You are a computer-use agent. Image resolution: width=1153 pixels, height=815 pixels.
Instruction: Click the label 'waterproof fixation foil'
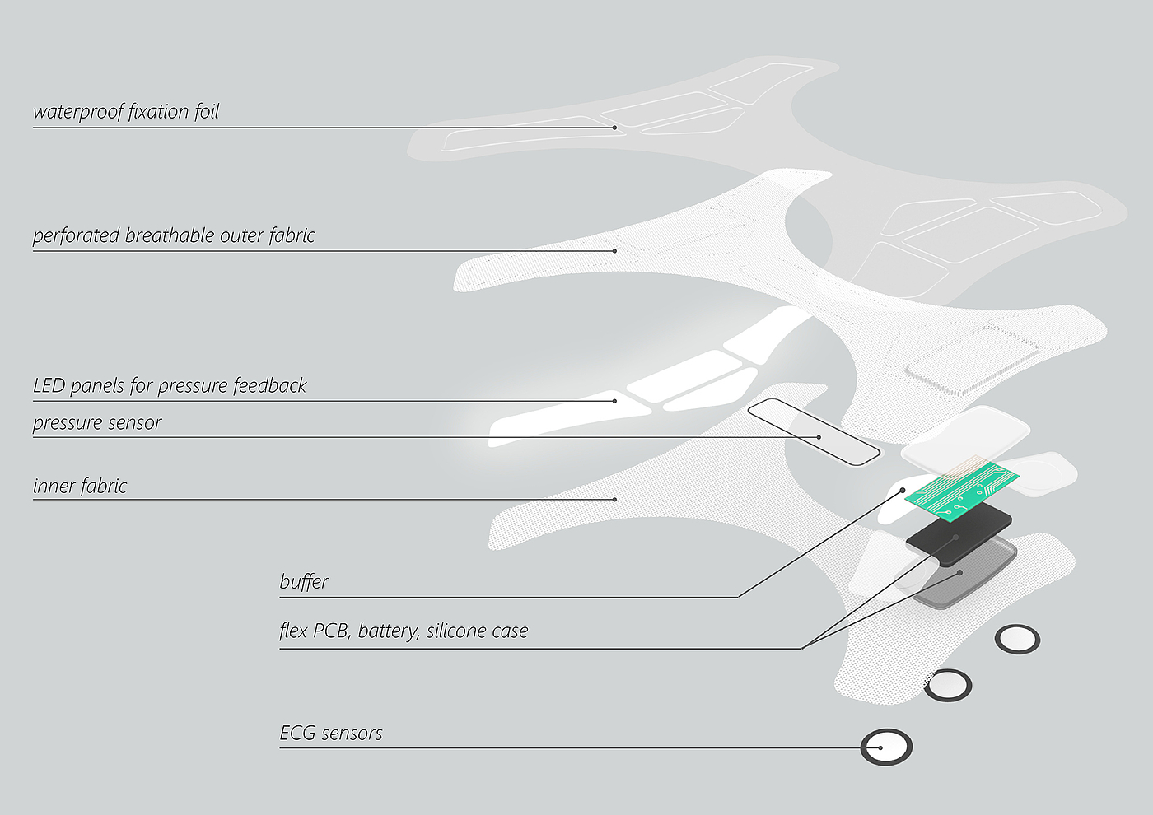[x=126, y=112]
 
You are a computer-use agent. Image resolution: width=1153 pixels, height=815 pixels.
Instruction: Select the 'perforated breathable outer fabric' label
[x=174, y=236]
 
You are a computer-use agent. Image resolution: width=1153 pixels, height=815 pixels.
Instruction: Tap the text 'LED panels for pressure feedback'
[x=170, y=386]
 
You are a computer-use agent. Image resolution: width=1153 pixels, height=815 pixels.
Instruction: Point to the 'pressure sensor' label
[x=97, y=423]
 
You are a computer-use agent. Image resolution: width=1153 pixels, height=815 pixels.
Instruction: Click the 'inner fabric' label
[x=80, y=487]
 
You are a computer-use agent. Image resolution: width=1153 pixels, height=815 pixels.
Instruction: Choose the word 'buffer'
[x=304, y=582]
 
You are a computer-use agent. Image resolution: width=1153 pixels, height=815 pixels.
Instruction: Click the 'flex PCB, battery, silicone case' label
[x=404, y=631]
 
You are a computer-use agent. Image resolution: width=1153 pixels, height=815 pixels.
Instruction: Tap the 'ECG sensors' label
[x=331, y=733]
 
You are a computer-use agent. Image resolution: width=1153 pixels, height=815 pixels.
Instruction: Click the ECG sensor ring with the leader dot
[x=886, y=747]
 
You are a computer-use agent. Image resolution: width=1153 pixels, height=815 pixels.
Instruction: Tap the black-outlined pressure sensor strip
[x=814, y=431]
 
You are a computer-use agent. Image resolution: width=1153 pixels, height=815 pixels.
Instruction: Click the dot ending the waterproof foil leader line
[x=614, y=128]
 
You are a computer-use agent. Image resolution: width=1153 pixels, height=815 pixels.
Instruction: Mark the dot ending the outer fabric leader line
[x=614, y=250]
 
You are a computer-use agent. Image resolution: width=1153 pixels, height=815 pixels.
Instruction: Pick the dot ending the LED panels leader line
[x=614, y=401]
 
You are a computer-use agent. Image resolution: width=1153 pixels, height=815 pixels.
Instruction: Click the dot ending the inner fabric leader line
[x=614, y=499]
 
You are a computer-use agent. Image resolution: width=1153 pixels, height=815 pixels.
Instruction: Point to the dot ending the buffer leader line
[x=903, y=491]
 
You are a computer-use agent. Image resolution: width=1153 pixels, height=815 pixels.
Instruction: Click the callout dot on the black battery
[x=955, y=538]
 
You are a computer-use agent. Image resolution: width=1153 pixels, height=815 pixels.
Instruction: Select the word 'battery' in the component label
[x=388, y=631]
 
